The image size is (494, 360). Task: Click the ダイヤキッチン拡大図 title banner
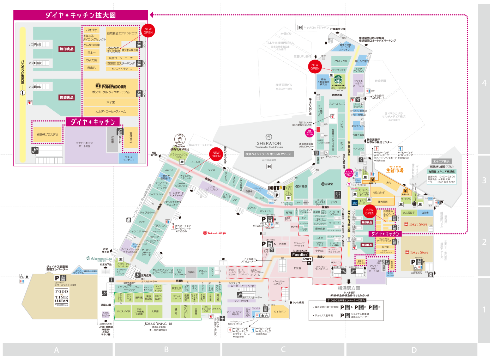click(80, 15)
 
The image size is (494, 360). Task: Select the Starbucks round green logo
click(338, 79)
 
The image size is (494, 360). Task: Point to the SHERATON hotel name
click(269, 143)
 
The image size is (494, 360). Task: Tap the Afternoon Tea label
click(100, 258)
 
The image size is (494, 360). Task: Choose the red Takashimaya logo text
click(215, 233)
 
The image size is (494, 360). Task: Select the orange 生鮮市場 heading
click(394, 170)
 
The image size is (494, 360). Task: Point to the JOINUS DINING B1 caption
click(158, 324)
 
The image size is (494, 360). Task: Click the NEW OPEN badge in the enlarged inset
click(148, 31)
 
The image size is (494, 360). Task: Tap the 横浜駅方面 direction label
click(349, 288)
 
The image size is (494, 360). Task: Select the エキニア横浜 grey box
click(441, 161)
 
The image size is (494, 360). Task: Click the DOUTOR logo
click(277, 188)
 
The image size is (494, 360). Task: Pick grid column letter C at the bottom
click(283, 350)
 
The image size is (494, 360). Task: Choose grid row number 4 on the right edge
click(484, 83)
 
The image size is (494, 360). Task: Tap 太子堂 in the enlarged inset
click(110, 102)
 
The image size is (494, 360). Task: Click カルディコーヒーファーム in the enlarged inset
click(110, 111)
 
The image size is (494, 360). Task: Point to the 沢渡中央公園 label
click(338, 29)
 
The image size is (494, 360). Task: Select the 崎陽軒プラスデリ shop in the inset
click(47, 134)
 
